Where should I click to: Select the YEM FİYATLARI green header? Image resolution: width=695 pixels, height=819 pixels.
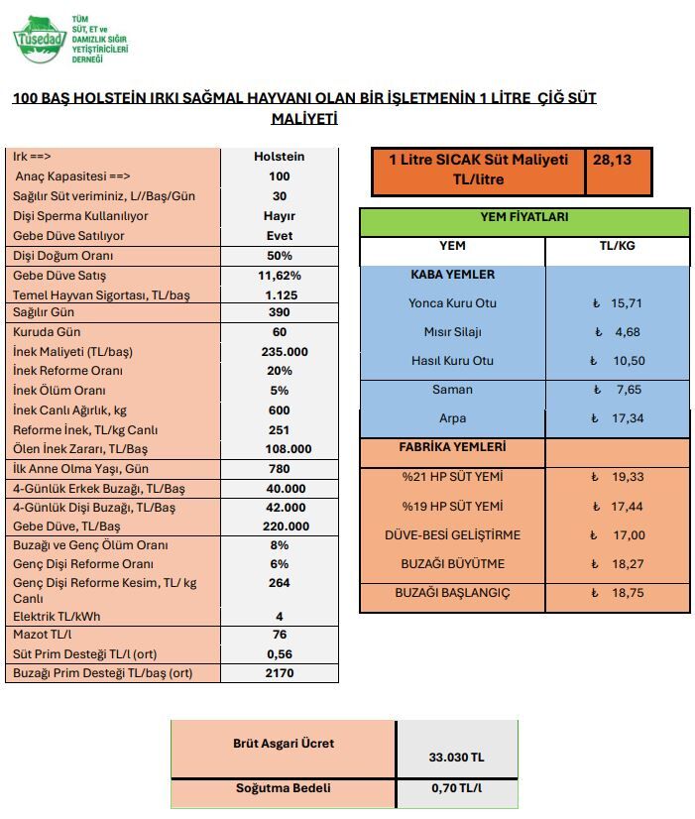coord(524,218)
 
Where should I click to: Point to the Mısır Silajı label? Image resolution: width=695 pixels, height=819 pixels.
coord(452,331)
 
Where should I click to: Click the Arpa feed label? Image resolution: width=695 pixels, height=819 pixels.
coord(452,418)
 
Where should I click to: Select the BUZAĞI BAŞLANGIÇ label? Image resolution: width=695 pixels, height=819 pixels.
coord(452,593)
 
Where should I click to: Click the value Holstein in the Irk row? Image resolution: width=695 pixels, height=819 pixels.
coord(279,157)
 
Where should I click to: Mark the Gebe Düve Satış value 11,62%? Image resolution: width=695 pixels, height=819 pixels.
coord(279,275)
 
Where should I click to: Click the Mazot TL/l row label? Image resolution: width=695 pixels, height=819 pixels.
coord(49,635)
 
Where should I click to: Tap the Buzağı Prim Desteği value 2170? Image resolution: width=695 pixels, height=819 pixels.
coord(279,673)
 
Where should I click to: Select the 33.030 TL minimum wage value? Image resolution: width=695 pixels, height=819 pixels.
coord(457,758)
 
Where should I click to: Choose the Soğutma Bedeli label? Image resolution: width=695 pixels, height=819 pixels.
coord(283,789)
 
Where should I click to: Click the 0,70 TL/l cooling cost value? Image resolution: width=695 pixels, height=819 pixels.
coord(457,789)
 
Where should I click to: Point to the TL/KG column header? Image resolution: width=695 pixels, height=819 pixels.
coord(619,245)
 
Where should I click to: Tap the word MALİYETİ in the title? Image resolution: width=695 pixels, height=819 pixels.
coord(304,118)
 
